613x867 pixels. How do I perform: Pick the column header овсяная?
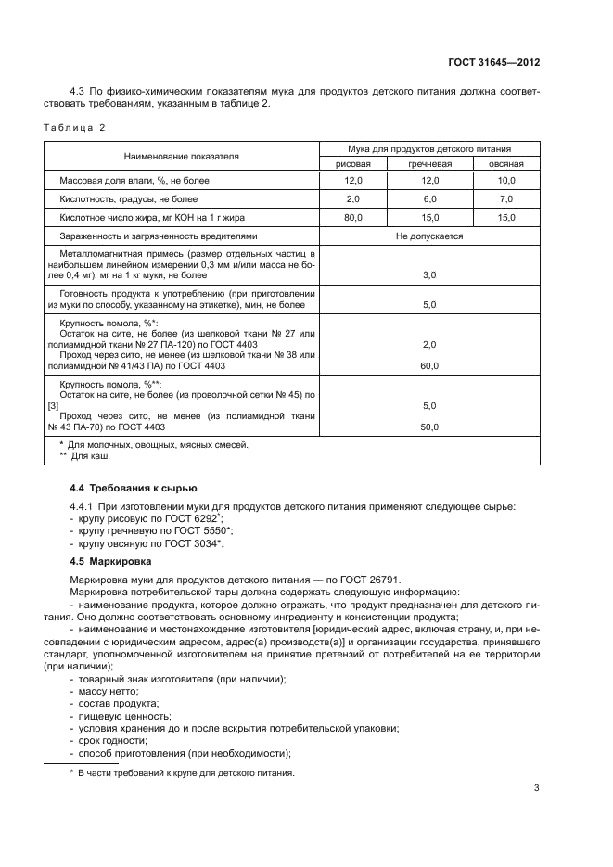click(506, 163)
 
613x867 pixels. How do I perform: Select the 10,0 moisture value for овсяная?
click(506, 180)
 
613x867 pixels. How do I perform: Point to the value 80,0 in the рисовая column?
click(352, 217)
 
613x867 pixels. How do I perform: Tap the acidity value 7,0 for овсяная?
click(506, 198)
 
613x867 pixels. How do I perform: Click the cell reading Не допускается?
click(429, 236)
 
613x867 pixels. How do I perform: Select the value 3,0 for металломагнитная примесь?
click(429, 275)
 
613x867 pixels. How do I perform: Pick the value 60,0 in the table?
click(429, 366)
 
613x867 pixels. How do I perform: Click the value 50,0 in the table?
click(429, 427)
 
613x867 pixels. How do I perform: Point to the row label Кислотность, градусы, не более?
click(129, 198)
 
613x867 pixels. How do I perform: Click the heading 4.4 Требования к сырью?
click(134, 488)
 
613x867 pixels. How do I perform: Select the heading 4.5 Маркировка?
click(113, 562)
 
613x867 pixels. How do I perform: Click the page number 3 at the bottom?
click(536, 788)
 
